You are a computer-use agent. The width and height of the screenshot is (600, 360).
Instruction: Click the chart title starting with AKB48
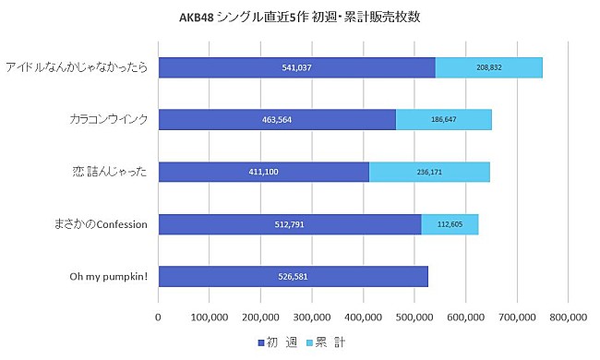click(x=299, y=17)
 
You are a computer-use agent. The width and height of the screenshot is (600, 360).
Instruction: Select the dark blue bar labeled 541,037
click(x=296, y=67)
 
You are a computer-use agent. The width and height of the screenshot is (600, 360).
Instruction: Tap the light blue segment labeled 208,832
click(x=488, y=67)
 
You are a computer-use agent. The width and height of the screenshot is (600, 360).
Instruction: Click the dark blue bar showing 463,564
click(x=277, y=120)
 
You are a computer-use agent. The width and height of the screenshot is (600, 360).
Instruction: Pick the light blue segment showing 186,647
click(x=443, y=120)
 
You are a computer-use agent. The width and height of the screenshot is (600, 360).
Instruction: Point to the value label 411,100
click(x=264, y=173)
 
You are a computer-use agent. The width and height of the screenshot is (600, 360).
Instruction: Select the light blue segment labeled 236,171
click(x=429, y=173)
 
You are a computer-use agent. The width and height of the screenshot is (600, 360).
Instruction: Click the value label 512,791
click(x=290, y=224)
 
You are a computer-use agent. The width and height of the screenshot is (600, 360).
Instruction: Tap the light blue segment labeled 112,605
click(x=450, y=224)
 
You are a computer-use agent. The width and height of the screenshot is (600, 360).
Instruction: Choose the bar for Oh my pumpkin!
click(x=293, y=277)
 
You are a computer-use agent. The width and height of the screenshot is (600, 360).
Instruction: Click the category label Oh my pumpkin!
click(x=109, y=277)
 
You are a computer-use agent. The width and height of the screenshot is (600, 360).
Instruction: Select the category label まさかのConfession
click(x=97, y=224)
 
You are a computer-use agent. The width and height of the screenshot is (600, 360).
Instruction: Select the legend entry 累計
click(x=329, y=342)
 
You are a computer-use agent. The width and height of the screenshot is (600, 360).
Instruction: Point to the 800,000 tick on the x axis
click(x=567, y=317)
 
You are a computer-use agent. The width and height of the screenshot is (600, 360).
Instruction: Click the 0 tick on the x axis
click(x=159, y=317)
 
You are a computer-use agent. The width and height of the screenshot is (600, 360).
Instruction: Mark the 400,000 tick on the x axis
click(x=363, y=317)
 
